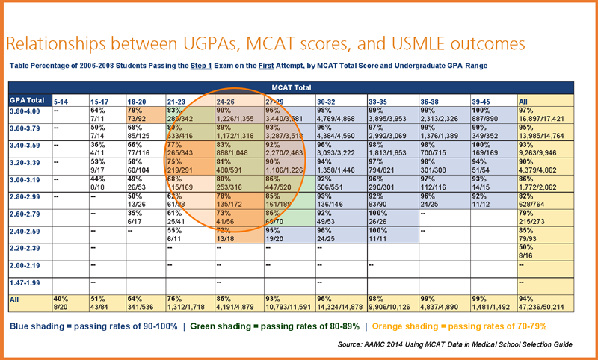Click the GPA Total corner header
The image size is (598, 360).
click(x=27, y=100)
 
